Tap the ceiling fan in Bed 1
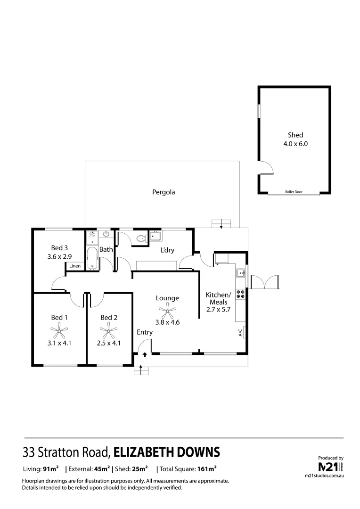click(59, 331)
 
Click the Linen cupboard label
click(75, 266)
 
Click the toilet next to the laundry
click(140, 238)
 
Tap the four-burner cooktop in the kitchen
click(240, 295)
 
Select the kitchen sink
click(240, 272)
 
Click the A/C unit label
click(240, 333)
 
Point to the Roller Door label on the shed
click(293, 192)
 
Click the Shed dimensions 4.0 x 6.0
click(295, 144)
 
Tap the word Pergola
click(164, 192)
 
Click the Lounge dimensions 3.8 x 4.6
click(167, 322)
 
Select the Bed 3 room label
click(60, 248)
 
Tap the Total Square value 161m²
click(206, 469)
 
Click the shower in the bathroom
click(91, 235)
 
